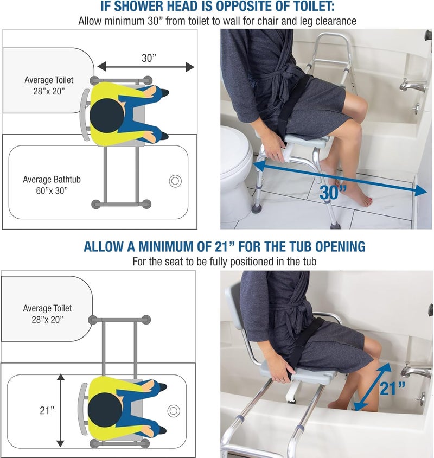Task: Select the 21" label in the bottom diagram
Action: point(47,410)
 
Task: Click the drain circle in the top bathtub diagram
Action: point(175,181)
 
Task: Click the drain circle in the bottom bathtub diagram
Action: point(175,410)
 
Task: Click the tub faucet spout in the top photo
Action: point(410,85)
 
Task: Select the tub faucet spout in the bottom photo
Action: point(415,372)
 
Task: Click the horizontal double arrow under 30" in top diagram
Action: point(145,67)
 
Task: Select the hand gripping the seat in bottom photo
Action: point(283,374)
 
